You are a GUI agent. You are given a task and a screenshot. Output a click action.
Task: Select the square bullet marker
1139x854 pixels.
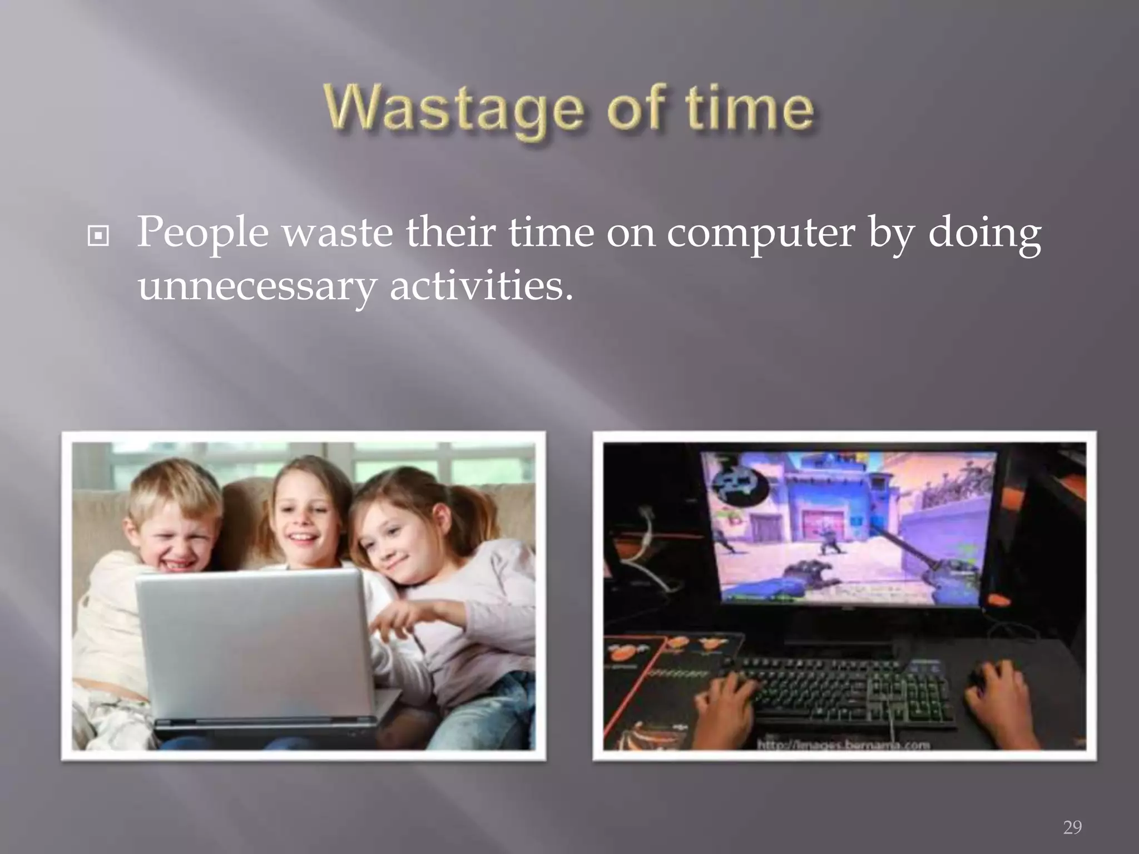tap(98, 237)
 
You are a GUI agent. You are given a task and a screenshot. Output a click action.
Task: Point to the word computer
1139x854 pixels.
tap(760, 232)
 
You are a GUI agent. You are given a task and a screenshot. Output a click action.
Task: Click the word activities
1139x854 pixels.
tap(481, 286)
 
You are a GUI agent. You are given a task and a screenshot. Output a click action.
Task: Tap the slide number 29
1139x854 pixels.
tap(1072, 827)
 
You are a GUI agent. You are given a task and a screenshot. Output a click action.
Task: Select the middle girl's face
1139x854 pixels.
tap(303, 520)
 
